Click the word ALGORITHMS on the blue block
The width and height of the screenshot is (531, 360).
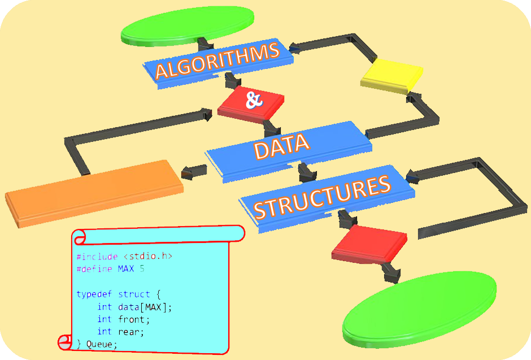[x=217, y=60]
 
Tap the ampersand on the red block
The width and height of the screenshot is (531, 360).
[x=254, y=100]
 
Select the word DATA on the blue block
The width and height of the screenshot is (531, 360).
[x=282, y=146]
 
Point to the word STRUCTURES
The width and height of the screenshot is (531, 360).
[x=322, y=197]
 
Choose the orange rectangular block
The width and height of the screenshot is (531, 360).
[x=94, y=193]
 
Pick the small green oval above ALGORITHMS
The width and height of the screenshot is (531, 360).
[x=188, y=26]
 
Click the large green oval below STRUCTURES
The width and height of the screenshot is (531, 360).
[x=420, y=309]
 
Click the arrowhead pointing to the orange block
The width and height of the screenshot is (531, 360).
[x=188, y=173]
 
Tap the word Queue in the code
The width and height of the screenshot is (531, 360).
[x=99, y=344]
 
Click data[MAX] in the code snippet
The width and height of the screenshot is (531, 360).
[x=142, y=307]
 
